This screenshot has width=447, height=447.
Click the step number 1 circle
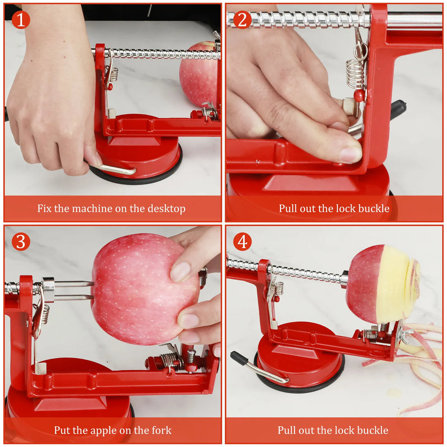[20, 20]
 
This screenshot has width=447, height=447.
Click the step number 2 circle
[242, 20]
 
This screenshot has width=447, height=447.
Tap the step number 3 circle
[20, 242]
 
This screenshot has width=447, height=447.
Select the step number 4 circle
[242, 242]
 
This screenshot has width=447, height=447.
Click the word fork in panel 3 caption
[161, 430]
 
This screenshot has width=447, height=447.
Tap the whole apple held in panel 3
[138, 289]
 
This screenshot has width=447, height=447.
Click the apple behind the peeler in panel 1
[198, 75]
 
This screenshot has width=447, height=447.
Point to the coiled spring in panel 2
[355, 73]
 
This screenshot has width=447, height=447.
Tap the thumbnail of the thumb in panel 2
[350, 154]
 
